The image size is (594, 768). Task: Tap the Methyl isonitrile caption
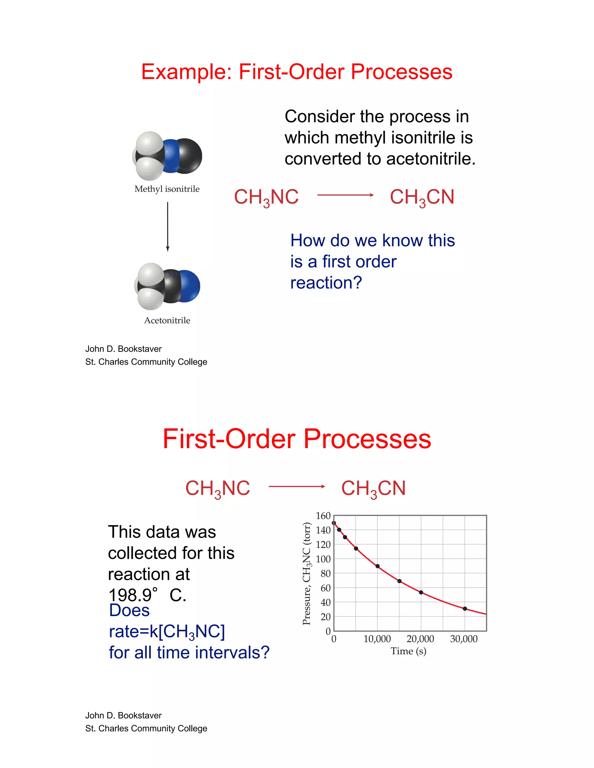(167, 189)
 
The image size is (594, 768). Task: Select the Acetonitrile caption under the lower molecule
(167, 320)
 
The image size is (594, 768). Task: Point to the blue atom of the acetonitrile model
(189, 286)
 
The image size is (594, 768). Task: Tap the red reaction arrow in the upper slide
(345, 195)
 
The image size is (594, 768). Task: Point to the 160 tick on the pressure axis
(323, 516)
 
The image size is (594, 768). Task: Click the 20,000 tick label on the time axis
(420, 639)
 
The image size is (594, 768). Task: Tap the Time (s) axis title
(408, 651)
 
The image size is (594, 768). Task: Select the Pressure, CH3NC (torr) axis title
(307, 574)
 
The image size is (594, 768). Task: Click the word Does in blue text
(129, 610)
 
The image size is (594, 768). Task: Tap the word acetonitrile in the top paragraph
(431, 159)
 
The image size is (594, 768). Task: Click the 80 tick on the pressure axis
(325, 574)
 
